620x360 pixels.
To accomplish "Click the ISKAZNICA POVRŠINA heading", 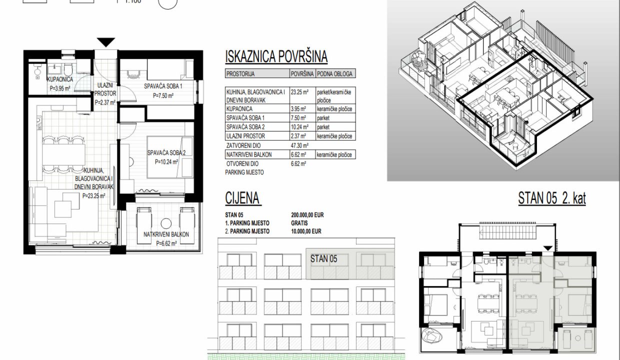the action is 276,56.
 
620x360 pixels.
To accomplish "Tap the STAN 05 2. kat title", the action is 552,198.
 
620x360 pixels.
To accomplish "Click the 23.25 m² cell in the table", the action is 299,92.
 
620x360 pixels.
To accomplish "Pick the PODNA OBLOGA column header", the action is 334,74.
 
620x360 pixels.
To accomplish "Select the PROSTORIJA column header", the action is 240,74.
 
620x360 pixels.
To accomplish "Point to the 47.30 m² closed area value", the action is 299,145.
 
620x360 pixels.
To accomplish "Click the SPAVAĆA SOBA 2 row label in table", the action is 245,127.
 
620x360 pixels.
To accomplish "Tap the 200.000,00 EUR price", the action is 307,214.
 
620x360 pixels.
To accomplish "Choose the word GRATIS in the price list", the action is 299,223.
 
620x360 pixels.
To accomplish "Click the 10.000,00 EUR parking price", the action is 306,231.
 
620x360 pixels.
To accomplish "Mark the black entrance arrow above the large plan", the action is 106,42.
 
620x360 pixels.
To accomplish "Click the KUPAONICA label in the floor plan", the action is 60,79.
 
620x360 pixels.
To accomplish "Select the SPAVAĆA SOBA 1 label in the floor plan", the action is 163,86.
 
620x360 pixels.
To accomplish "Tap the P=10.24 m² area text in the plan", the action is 166,162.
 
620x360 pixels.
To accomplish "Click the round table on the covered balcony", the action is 166,223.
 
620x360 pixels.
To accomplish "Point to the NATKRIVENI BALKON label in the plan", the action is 166,234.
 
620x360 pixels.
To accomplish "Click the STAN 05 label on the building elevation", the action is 323,258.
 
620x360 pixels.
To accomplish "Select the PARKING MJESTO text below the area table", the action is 244,172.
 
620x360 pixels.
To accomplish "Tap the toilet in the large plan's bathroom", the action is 68,69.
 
